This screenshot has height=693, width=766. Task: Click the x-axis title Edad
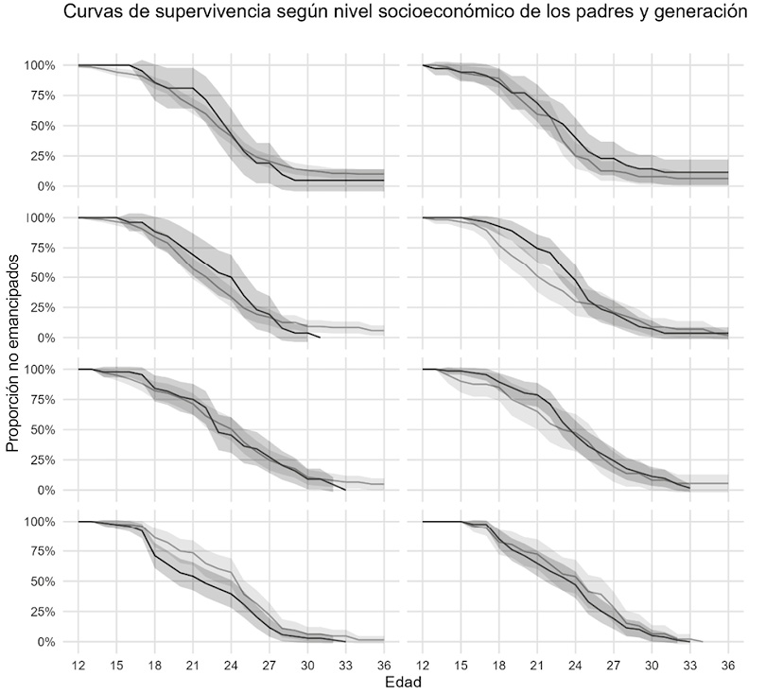coord(404,681)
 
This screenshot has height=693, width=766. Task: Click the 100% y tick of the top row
coord(42,65)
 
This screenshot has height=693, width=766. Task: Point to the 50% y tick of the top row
coord(45,126)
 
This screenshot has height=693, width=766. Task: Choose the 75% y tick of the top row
coord(45,95)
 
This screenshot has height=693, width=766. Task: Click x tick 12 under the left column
coord(78,664)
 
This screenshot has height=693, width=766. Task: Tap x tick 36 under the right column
coord(729,664)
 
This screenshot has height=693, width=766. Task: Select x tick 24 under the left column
coord(232,664)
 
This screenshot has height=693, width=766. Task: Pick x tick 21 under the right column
coord(538,664)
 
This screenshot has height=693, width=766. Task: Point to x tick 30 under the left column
coord(308,664)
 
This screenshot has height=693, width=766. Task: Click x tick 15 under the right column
coord(461,664)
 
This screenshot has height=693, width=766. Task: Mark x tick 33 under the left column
coord(346,664)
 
